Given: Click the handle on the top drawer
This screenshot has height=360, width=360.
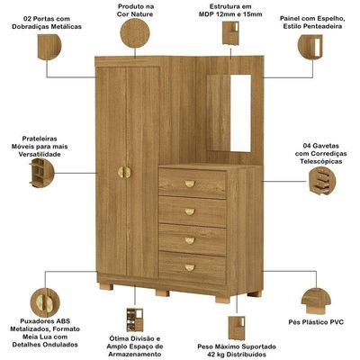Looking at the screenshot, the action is (190, 184).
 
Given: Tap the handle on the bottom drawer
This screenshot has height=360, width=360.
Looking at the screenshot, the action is (190, 267).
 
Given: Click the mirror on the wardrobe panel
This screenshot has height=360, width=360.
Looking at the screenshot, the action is (240, 113).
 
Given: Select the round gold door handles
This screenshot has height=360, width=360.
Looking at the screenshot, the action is (124, 172).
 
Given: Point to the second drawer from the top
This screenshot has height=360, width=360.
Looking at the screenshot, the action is (193, 211).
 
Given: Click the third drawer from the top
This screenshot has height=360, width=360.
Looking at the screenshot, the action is (193, 239).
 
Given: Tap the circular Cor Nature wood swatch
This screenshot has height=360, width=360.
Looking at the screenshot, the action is (135, 32).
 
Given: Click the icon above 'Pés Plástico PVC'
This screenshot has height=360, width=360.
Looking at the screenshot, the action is (316, 301).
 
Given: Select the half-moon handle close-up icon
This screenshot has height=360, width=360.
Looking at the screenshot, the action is (45, 302).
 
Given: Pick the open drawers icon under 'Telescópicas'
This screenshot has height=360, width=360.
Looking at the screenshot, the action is (322, 181).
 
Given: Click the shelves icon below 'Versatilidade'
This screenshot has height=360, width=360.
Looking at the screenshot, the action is (41, 173).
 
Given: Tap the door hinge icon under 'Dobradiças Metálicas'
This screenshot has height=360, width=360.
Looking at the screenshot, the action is (49, 47).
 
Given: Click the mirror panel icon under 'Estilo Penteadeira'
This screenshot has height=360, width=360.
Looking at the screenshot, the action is (310, 47).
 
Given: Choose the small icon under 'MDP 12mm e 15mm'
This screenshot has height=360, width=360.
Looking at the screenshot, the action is (230, 33).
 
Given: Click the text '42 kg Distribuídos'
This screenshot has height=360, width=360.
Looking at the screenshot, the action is (237, 355).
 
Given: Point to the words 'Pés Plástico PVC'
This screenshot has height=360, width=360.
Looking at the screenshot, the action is (316, 322).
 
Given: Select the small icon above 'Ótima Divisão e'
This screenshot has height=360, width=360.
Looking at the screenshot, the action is (135, 319).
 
